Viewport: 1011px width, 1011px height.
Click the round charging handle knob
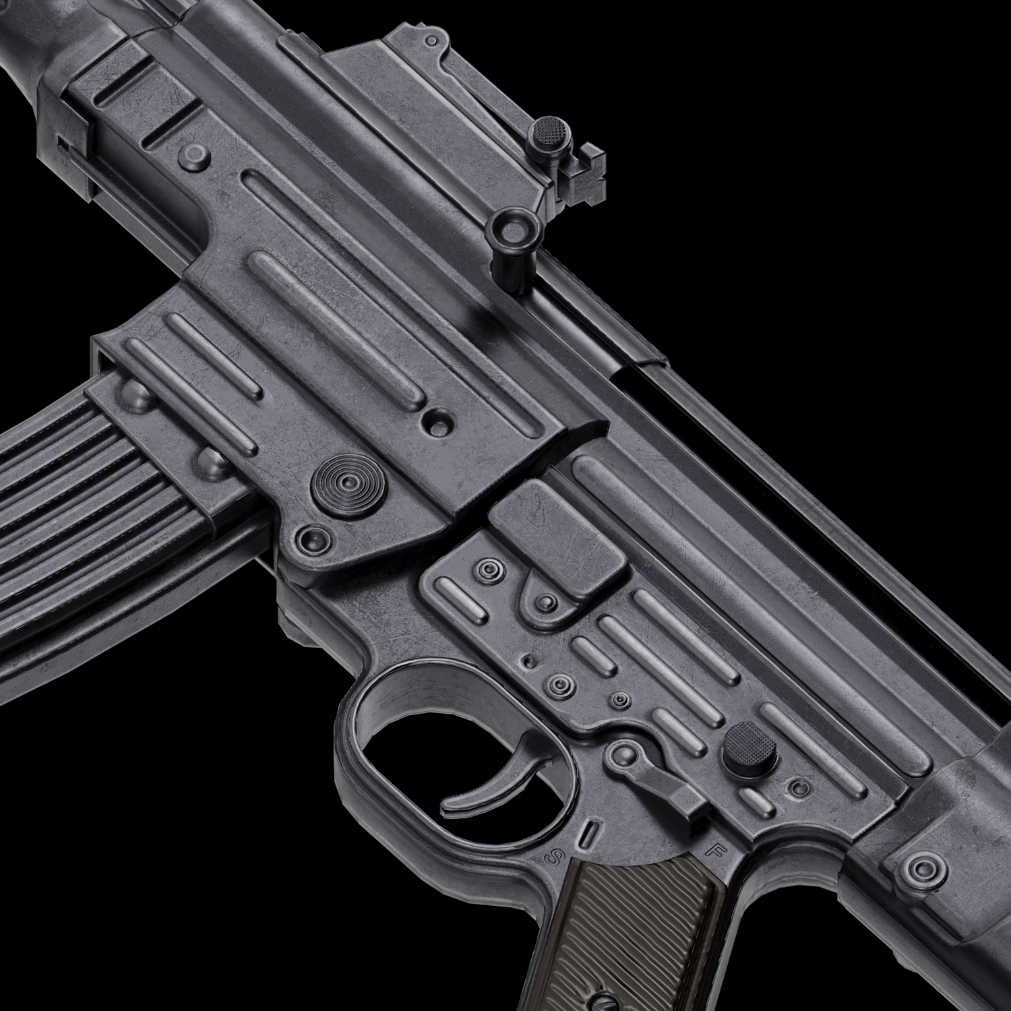point(516,229)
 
